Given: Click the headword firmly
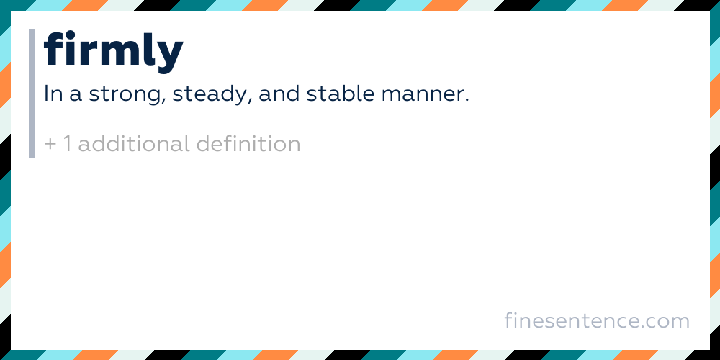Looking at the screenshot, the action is coord(114,52).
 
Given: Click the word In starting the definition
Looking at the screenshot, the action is coord(53,94).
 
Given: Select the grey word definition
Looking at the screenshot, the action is coord(248,144).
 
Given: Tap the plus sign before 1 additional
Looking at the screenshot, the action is coord(50,144).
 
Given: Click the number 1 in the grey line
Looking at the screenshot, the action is coord(67,144).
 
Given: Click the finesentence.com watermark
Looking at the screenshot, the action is coord(597,321).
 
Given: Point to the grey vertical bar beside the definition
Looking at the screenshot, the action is coord(32,94).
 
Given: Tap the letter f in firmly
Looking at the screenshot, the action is coord(53,48).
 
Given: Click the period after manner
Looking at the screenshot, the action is coord(467,101).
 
